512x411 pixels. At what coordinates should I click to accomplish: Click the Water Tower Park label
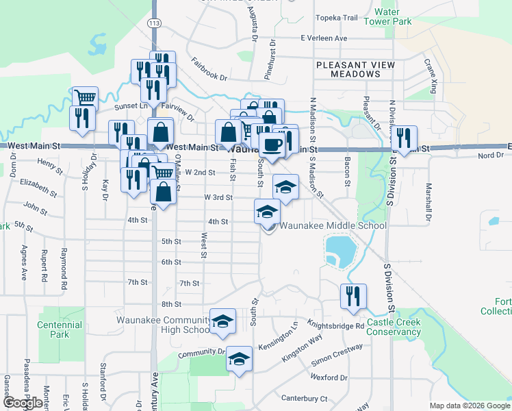point(398,16)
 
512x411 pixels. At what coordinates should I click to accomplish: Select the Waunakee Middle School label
point(333,225)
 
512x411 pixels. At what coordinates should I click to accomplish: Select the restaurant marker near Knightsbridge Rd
point(353,296)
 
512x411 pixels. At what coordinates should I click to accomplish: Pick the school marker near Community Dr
point(239,358)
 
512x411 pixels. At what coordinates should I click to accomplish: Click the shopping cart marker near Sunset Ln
point(86,97)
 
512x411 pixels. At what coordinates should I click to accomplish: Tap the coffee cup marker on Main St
point(272,145)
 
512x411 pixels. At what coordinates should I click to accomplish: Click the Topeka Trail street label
point(336,18)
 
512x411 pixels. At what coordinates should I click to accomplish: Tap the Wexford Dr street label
point(329,377)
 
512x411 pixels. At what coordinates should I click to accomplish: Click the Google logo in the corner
point(23,402)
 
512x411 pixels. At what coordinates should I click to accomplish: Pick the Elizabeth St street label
point(38,184)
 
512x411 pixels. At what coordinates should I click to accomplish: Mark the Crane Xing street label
point(431,76)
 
